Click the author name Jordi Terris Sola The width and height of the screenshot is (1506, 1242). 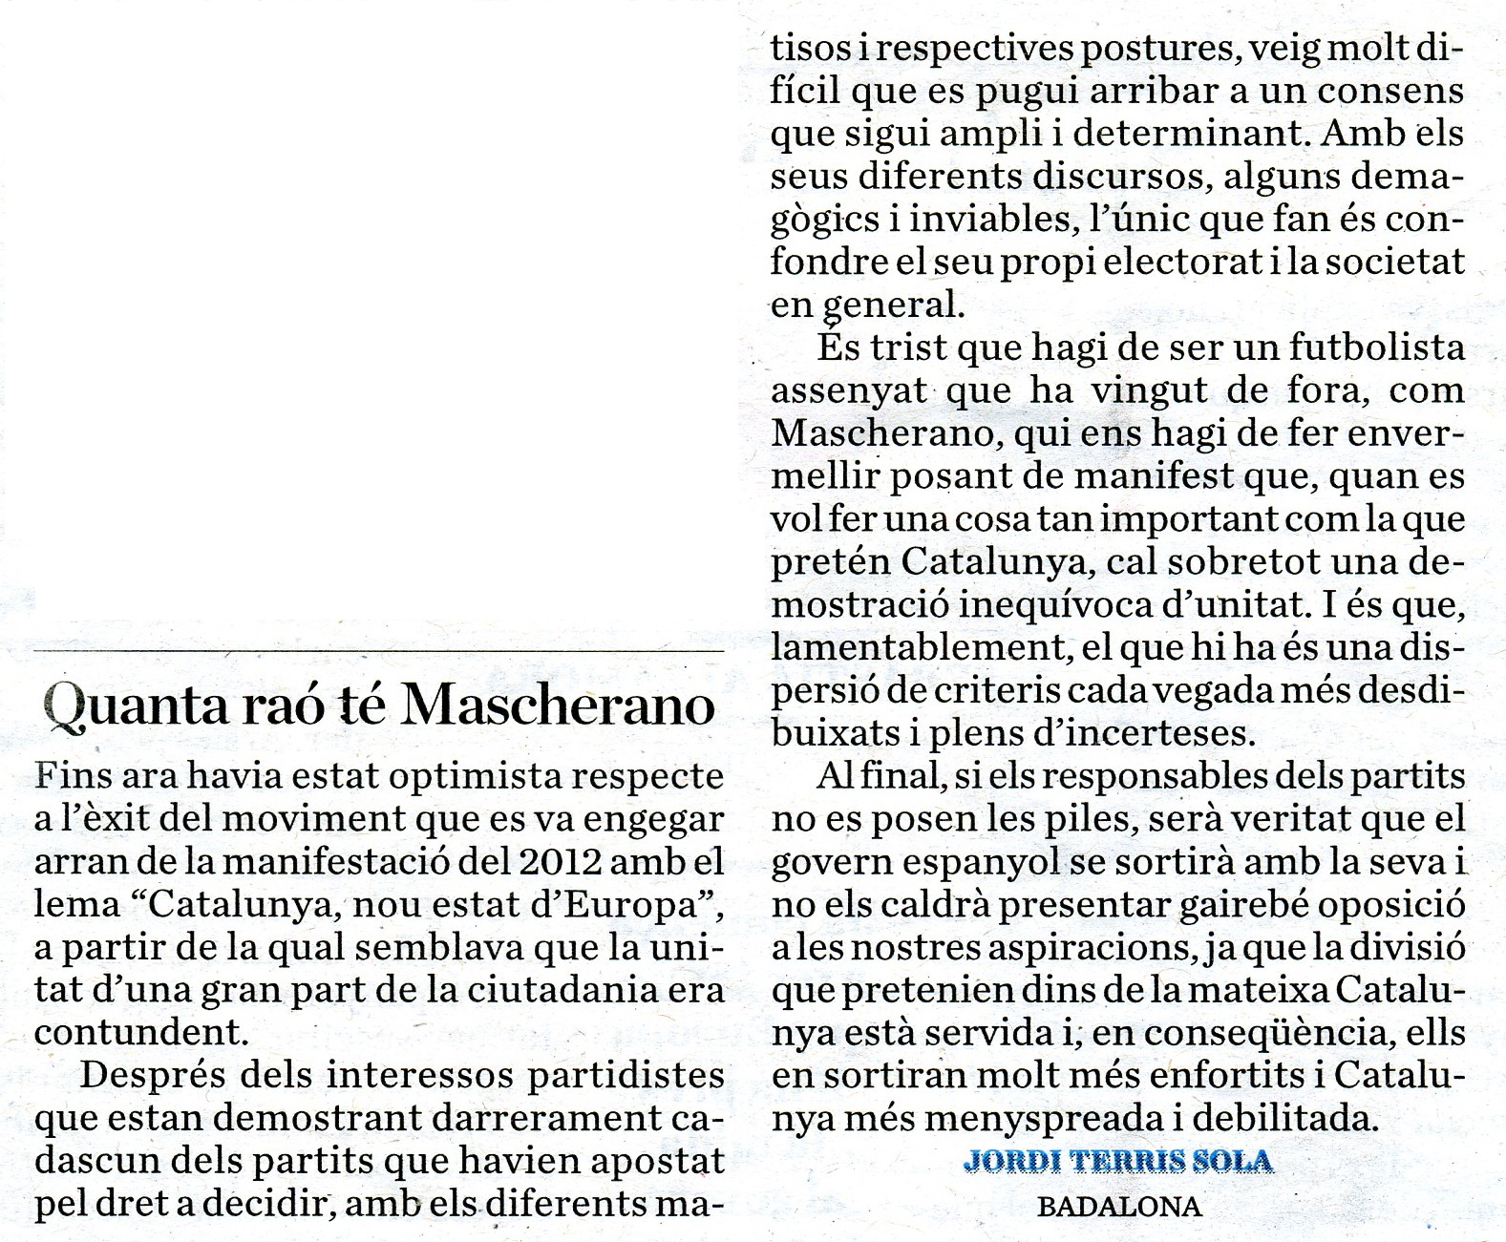(1118, 1162)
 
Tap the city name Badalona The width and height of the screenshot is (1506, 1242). (1118, 1207)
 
